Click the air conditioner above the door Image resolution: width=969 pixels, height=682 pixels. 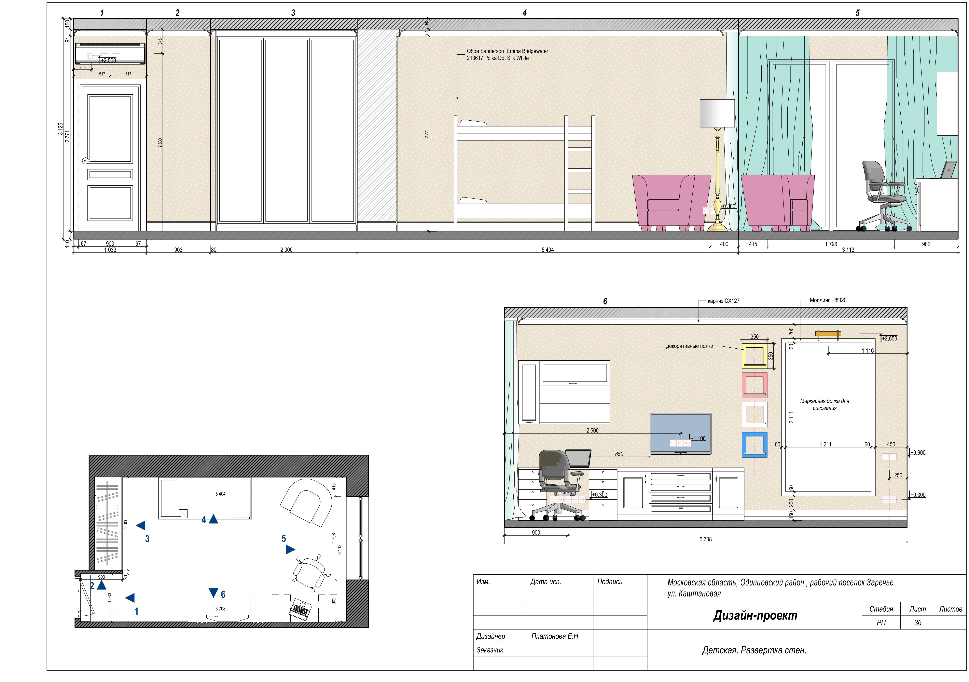(110, 54)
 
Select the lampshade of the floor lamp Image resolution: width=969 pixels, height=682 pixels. (717, 113)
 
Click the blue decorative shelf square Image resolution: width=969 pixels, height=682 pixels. (755, 445)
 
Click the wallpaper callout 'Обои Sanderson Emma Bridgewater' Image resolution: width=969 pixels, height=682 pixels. (507, 51)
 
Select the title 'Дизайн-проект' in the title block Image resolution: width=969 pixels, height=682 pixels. (755, 616)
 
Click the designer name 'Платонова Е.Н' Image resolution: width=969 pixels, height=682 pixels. (555, 636)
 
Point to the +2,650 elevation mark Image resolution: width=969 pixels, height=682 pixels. (890, 338)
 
